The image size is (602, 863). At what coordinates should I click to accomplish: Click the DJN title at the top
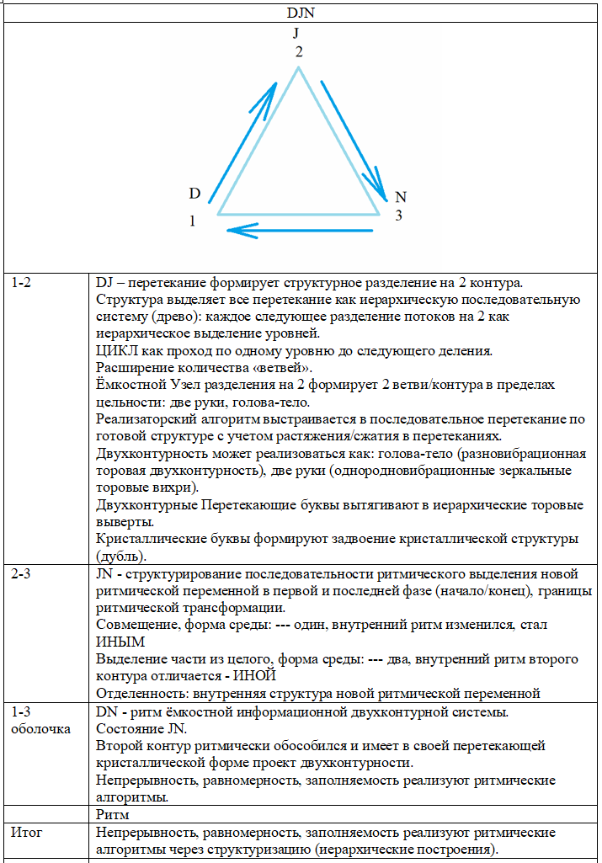[x=301, y=13]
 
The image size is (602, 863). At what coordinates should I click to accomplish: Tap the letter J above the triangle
[x=296, y=33]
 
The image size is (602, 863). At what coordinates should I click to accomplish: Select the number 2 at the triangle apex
[x=299, y=51]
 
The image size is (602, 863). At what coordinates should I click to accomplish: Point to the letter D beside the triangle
[x=194, y=194]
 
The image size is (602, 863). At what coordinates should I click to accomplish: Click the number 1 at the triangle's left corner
[x=193, y=221]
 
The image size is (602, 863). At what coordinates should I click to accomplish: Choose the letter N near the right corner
[x=401, y=197]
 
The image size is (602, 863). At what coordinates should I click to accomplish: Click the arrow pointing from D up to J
[x=242, y=137]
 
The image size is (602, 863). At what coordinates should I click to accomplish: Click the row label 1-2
[x=22, y=283]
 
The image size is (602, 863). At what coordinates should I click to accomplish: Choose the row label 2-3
[x=22, y=573]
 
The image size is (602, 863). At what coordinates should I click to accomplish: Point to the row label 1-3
[x=22, y=712]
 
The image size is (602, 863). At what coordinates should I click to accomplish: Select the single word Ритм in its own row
[x=112, y=815]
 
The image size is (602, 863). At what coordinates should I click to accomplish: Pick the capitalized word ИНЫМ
[x=116, y=642]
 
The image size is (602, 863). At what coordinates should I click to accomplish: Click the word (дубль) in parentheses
[x=122, y=555]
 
